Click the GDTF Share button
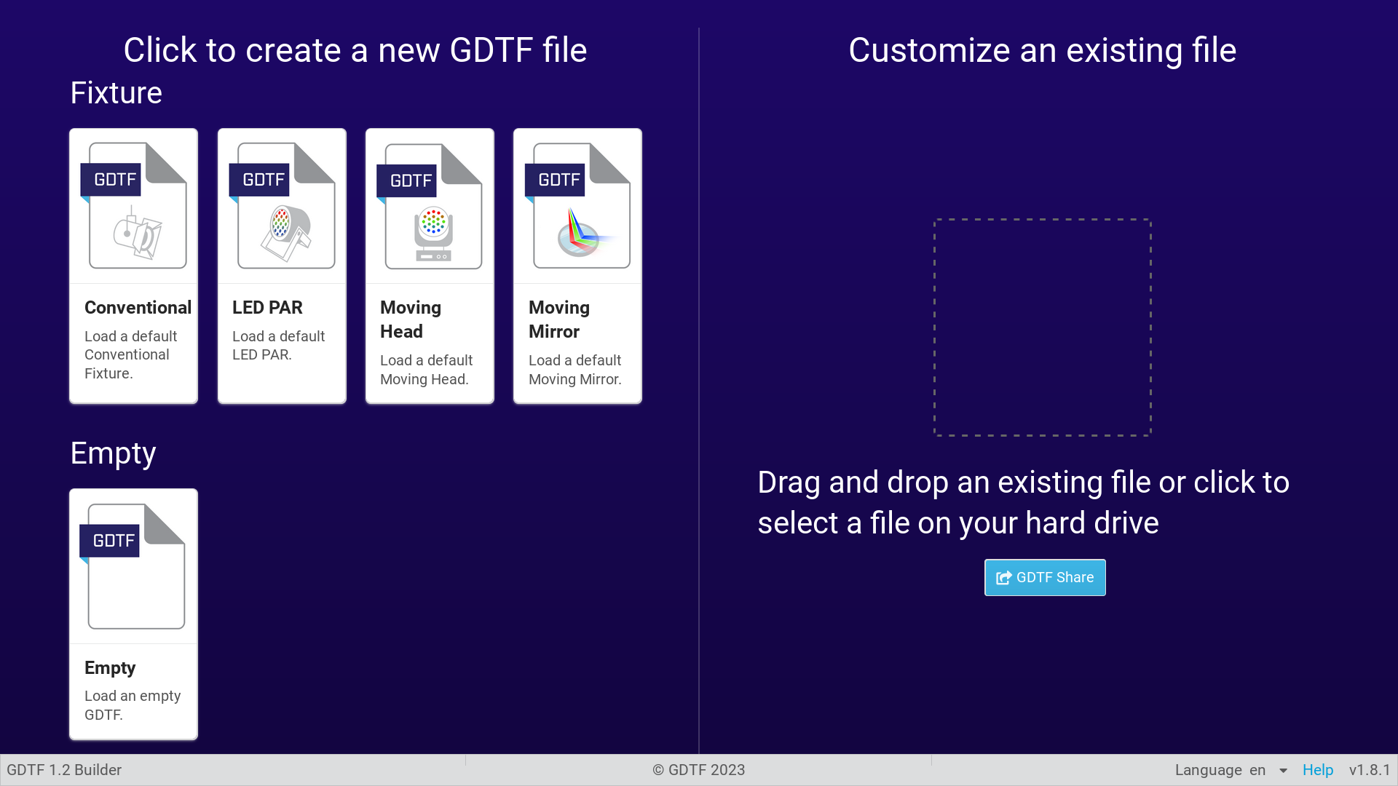(x=1045, y=577)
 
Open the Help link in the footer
(x=1318, y=770)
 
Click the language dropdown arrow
(x=1283, y=771)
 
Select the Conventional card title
(x=138, y=307)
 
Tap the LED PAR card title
(x=267, y=307)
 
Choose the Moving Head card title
(x=411, y=319)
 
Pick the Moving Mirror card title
(x=559, y=319)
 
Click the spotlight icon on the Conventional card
(x=137, y=232)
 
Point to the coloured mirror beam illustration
(x=582, y=232)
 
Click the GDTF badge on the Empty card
(x=109, y=541)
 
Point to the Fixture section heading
(x=116, y=92)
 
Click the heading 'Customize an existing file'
(x=1043, y=50)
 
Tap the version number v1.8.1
(x=1370, y=770)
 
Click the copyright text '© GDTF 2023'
(x=699, y=770)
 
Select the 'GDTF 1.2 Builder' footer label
(x=64, y=770)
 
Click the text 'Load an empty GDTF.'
(x=133, y=705)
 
